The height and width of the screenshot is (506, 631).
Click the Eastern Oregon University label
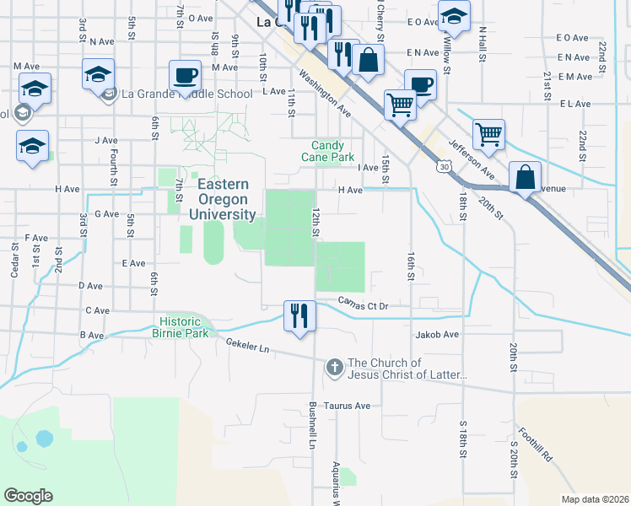point(223,200)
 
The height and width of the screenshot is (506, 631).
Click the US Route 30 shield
point(443,167)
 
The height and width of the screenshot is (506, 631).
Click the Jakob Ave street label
point(437,335)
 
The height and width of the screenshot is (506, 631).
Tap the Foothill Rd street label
point(536,445)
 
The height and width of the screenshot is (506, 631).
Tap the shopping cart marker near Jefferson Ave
point(488,134)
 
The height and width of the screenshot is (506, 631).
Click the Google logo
point(28,496)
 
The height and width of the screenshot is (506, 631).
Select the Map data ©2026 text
point(595,499)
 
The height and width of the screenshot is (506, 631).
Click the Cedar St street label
point(14,258)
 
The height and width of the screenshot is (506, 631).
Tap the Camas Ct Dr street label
point(363,302)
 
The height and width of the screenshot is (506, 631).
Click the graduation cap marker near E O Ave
point(455,16)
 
